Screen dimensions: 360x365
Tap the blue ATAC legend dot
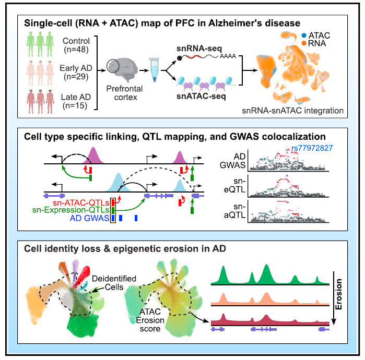coord(304,35)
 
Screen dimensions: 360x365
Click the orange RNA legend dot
coord(304,44)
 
